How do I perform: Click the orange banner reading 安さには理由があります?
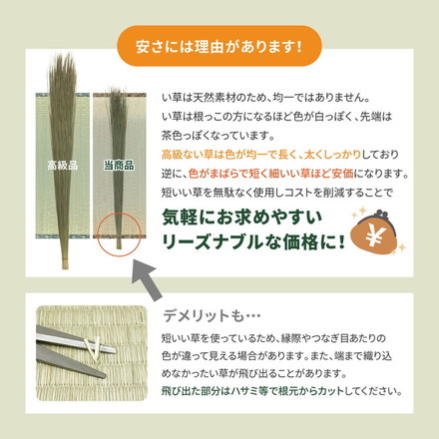click(x=219, y=45)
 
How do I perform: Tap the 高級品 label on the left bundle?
click(x=59, y=164)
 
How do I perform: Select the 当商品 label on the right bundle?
click(x=119, y=164)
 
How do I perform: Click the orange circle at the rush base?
click(x=119, y=237)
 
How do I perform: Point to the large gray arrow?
click(x=148, y=282)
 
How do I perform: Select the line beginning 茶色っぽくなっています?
click(x=214, y=136)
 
